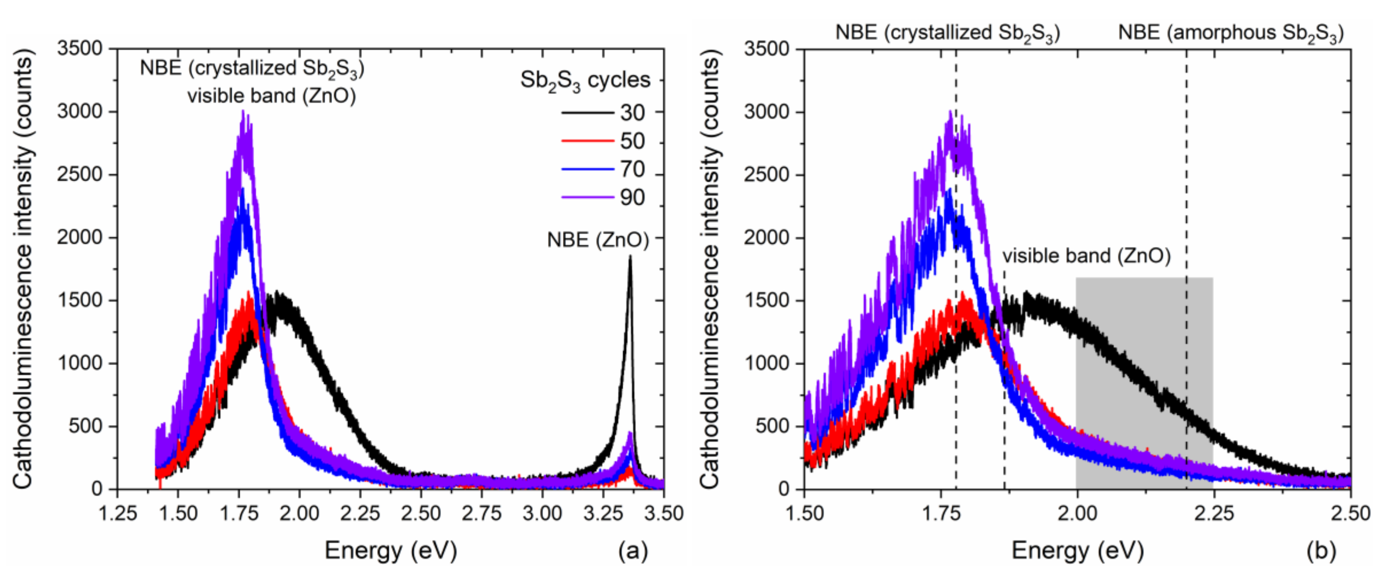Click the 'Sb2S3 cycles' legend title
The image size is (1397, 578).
(x=585, y=80)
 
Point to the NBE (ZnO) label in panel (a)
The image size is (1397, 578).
(x=598, y=240)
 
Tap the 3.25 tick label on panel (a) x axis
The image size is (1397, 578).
(x=603, y=513)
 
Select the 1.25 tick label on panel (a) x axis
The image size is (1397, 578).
(x=118, y=513)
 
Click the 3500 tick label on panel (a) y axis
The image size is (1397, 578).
(x=80, y=49)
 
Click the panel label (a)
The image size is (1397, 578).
(x=633, y=551)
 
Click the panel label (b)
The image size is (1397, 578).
(x=1321, y=551)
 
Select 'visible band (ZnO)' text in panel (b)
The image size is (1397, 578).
(x=1086, y=256)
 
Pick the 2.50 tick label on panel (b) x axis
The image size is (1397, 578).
(x=1350, y=513)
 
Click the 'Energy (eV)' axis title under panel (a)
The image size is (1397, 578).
(x=391, y=551)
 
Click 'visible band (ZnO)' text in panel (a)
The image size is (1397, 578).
(x=272, y=96)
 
